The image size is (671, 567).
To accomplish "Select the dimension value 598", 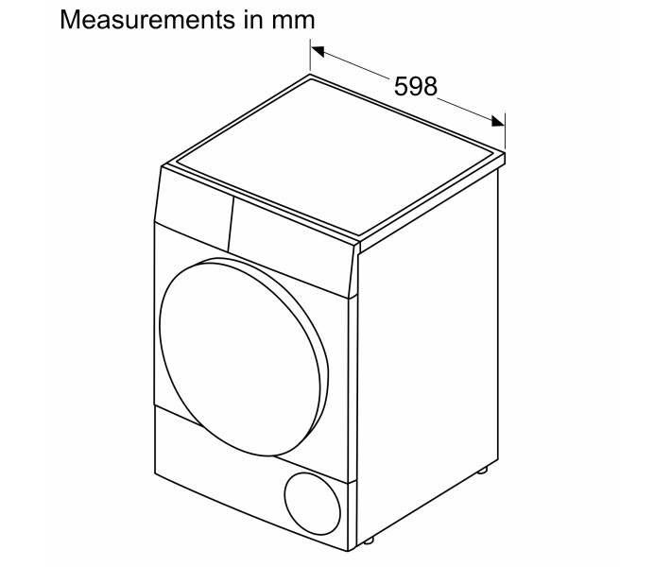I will (416, 87).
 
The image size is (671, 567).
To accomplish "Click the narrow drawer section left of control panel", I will (190, 212).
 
